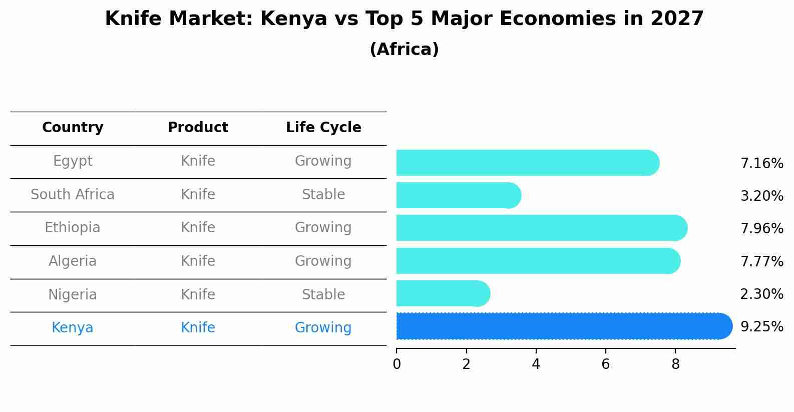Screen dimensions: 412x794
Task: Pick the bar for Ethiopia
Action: point(541,228)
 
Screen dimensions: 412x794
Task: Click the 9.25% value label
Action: point(761,327)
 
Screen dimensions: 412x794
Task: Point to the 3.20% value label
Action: point(761,196)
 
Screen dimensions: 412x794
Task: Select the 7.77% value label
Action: point(761,261)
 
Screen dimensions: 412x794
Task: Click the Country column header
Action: point(73,128)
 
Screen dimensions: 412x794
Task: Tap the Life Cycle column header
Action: point(323,128)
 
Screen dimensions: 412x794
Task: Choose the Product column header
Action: point(198,128)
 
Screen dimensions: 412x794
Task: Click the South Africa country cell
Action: point(73,195)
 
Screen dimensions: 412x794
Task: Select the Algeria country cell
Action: point(73,261)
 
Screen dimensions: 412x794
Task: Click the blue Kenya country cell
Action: point(73,328)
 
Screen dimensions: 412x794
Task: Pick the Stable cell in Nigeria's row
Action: point(323,295)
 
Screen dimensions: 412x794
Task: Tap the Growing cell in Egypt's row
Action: point(323,161)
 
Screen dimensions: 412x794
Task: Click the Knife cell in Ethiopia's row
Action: point(198,228)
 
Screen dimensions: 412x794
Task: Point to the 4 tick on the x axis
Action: point(536,364)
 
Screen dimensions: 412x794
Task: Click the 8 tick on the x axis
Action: point(675,364)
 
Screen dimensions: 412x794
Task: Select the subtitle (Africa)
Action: point(404,50)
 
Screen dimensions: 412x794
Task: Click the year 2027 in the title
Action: point(677,19)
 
